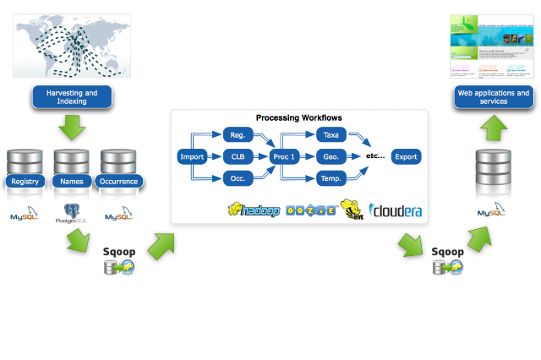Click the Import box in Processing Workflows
click(x=192, y=156)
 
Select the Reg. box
click(x=238, y=135)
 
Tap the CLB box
click(x=238, y=156)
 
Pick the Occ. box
click(x=238, y=178)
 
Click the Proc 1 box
click(x=285, y=156)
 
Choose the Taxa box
click(x=331, y=135)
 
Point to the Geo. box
click(x=331, y=156)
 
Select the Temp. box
click(x=331, y=178)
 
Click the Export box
click(x=406, y=156)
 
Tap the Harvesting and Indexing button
click(x=73, y=97)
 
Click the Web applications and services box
click(x=493, y=97)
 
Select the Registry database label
click(x=25, y=181)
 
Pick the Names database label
click(x=72, y=181)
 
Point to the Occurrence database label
click(x=118, y=181)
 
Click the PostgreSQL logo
click(x=72, y=213)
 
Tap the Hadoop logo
click(x=254, y=210)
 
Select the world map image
click(x=73, y=47)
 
